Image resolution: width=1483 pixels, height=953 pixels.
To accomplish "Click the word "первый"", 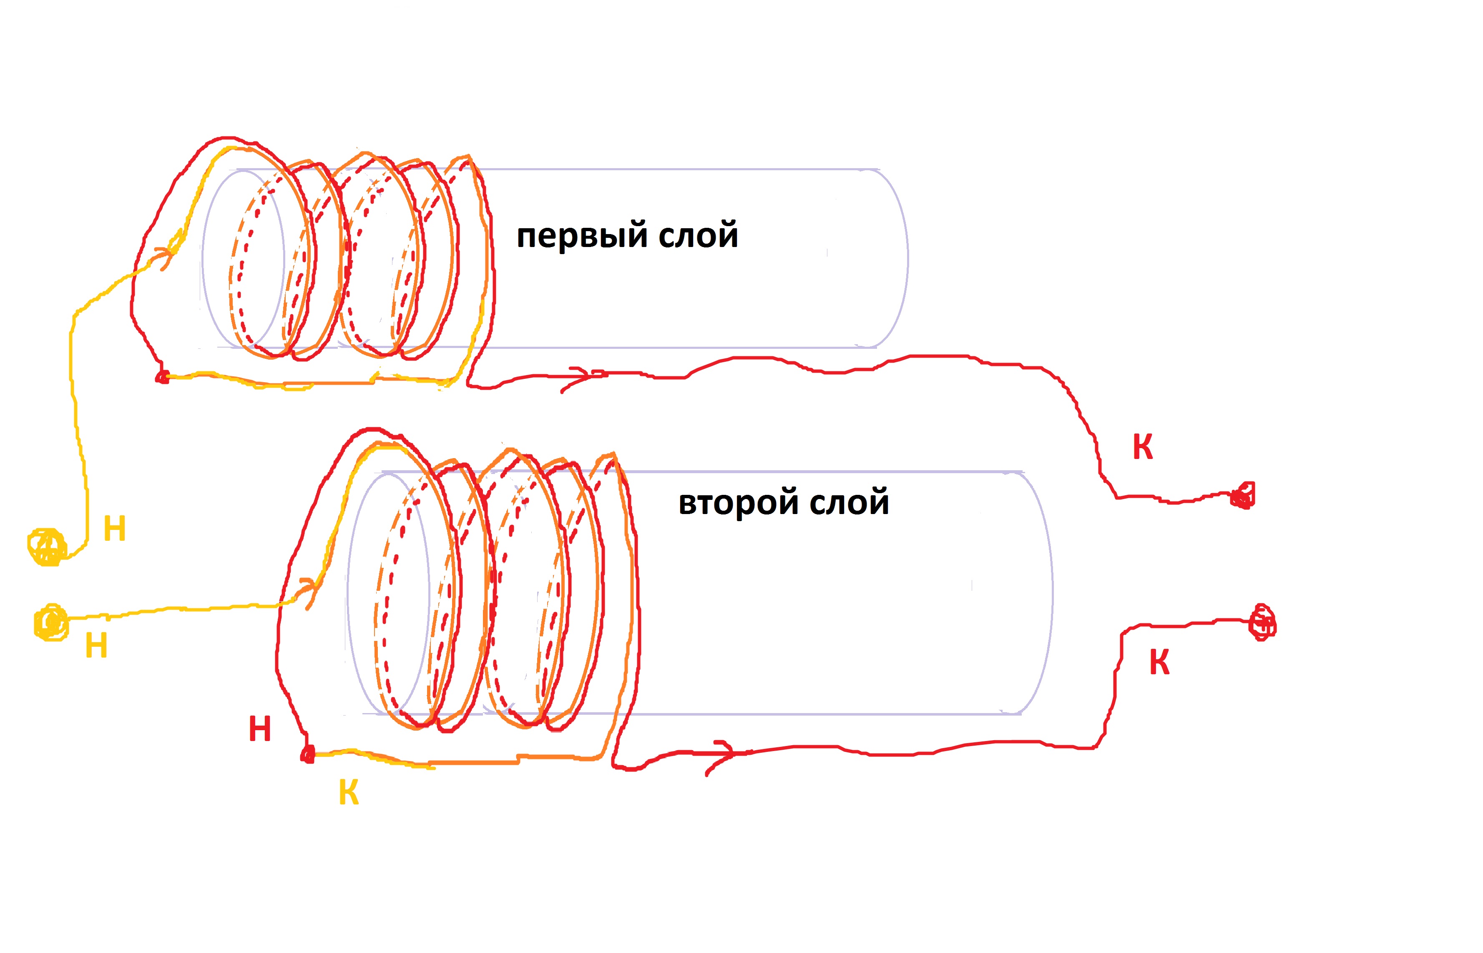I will point(581,236).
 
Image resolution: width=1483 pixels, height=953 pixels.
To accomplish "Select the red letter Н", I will point(260,729).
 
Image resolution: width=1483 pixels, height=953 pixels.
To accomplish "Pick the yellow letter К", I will point(349,792).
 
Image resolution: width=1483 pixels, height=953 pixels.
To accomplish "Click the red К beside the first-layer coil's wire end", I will point(1143,447).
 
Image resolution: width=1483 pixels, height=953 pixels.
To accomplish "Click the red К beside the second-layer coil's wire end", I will point(1159,663).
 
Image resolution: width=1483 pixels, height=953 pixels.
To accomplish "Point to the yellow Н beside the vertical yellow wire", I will point(114,529).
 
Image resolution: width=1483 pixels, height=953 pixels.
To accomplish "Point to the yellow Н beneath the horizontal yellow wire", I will point(96,646).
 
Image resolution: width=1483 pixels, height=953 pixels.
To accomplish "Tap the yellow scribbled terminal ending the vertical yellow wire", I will point(47,547).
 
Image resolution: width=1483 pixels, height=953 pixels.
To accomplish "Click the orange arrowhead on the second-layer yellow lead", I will point(309,591).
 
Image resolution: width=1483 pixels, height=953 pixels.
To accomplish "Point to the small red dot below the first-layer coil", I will point(162,377).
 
